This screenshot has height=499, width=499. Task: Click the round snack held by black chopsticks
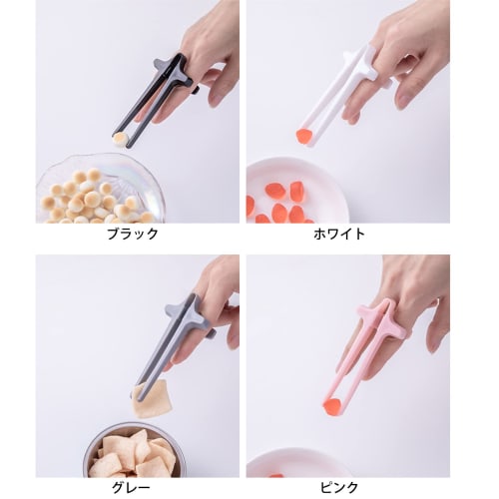[119, 137]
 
